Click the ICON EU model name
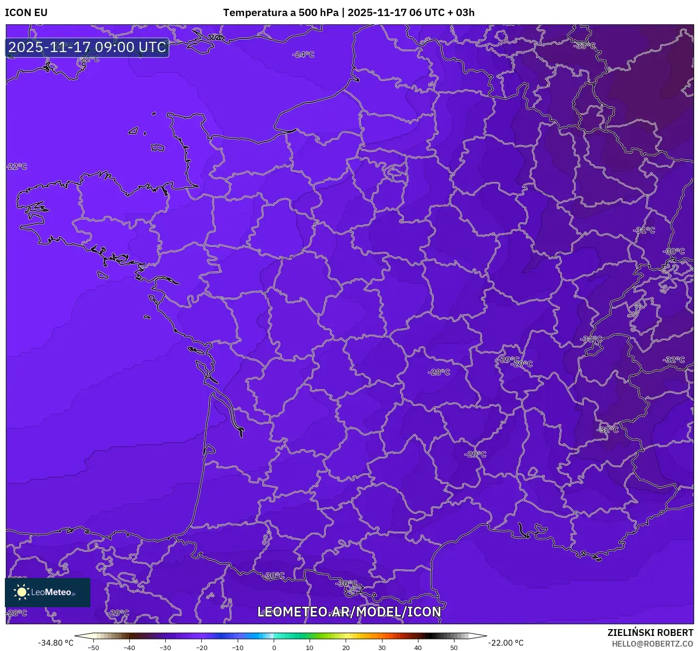click(x=26, y=13)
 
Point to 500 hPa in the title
click(x=318, y=13)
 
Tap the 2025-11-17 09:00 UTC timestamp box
click(x=87, y=47)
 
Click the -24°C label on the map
click(x=303, y=54)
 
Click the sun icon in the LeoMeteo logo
click(x=21, y=592)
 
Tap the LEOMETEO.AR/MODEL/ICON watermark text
click(x=349, y=612)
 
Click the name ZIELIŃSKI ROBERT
click(x=650, y=633)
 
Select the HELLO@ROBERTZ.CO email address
click(x=652, y=644)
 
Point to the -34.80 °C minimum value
click(x=56, y=643)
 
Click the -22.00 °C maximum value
click(x=506, y=643)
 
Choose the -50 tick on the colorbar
click(x=93, y=648)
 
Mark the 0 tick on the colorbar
click(x=274, y=648)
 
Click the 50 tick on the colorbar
click(x=454, y=648)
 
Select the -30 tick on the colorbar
click(x=165, y=648)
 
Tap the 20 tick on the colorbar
click(x=346, y=648)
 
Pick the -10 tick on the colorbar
click(x=237, y=648)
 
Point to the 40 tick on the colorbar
click(x=418, y=648)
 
